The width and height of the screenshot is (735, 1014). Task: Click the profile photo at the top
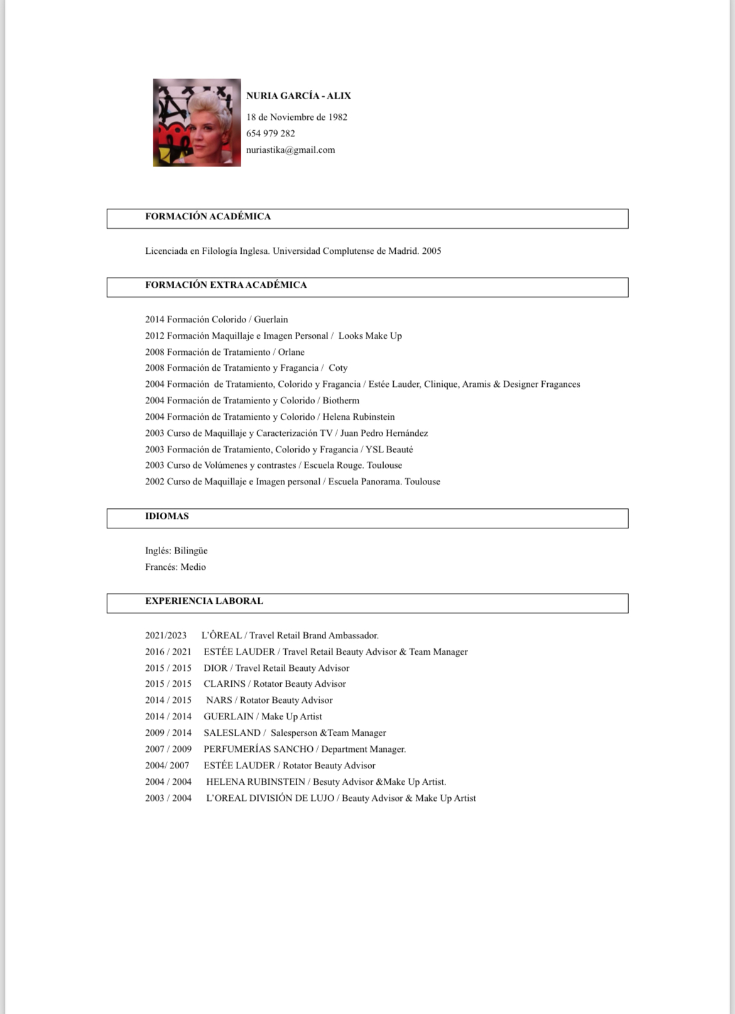197,123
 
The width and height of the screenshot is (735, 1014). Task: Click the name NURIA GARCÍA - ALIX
298,96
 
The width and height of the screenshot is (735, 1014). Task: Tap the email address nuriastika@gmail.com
290,150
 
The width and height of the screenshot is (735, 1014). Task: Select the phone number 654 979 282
270,133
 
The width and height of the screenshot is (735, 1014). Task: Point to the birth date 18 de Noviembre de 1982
297,117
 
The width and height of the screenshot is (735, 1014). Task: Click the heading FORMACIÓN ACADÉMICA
208,217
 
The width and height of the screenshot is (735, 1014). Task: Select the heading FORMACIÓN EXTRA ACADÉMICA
226,285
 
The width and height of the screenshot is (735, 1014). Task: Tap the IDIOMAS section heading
166,516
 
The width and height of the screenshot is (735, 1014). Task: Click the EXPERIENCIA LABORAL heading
204,601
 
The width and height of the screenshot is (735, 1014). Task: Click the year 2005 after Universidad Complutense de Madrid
432,251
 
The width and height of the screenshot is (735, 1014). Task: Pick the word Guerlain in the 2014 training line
271,320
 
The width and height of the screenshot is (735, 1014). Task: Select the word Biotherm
340,401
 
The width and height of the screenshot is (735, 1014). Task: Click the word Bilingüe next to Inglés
190,551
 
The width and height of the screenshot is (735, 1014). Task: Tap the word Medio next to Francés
193,567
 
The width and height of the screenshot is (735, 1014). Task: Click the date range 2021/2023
166,636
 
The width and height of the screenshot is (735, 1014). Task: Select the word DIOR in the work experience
215,668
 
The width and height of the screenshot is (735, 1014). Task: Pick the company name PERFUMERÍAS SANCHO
258,750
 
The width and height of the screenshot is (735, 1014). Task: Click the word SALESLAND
232,733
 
